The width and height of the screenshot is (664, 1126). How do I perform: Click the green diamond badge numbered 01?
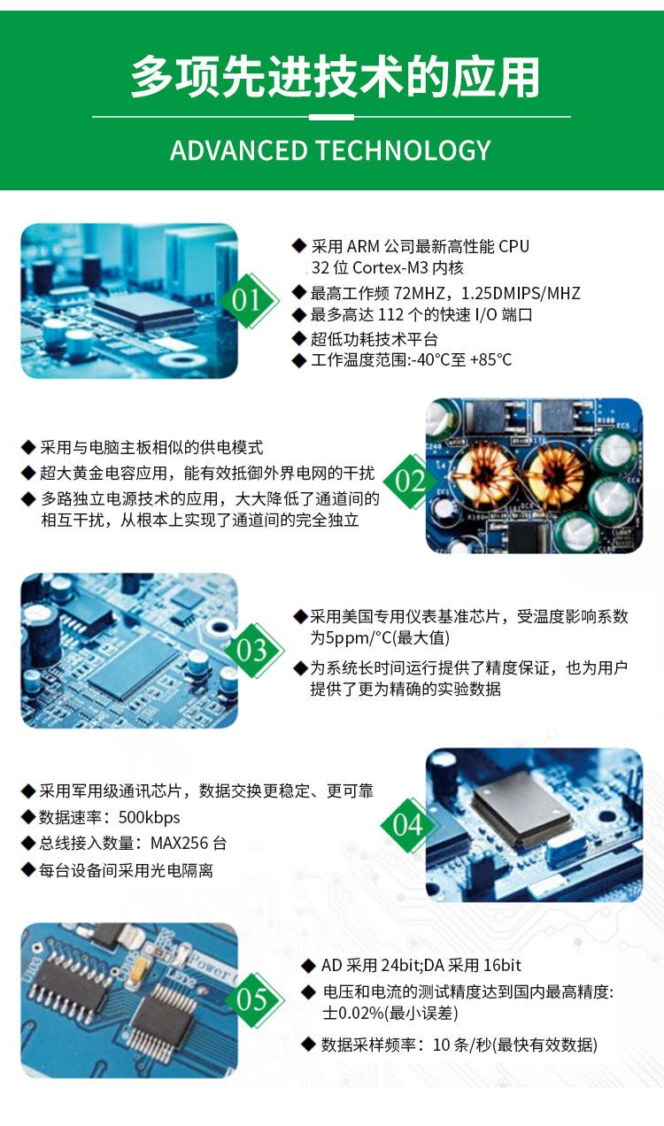coord(248,301)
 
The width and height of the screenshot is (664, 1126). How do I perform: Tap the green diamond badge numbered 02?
coord(411,481)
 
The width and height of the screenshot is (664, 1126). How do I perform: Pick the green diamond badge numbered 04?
coord(408,825)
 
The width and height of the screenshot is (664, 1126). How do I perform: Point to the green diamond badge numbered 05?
coord(253,999)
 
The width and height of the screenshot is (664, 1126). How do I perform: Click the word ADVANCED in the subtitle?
coord(239,150)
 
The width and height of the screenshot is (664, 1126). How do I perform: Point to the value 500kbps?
coord(149,818)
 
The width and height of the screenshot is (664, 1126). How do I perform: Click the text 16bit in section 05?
coord(502,965)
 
